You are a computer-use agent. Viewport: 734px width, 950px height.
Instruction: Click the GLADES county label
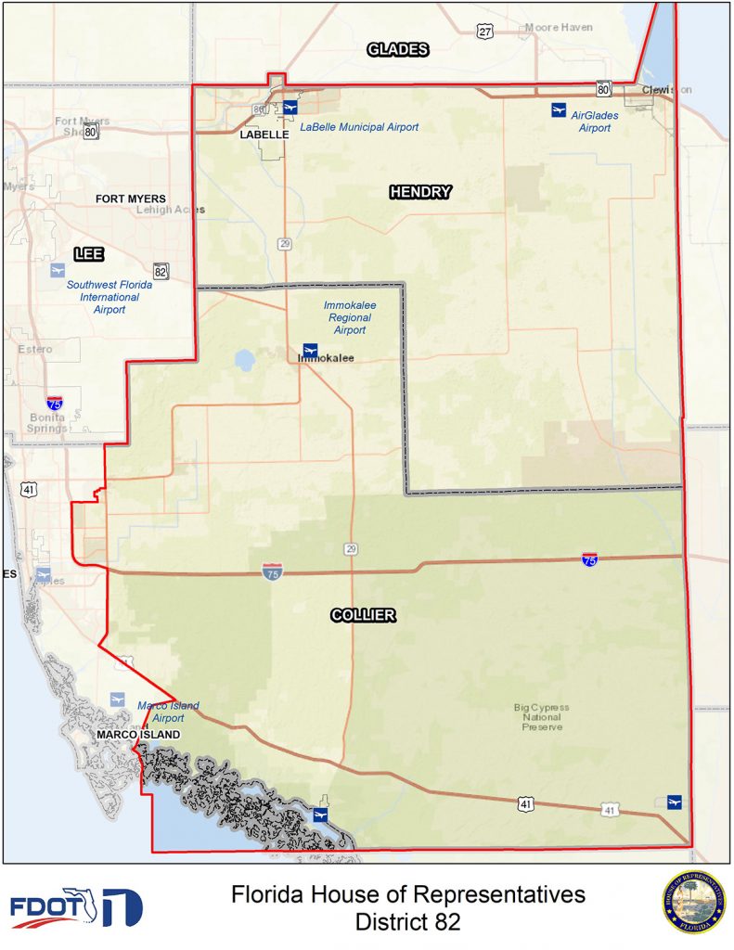(398, 50)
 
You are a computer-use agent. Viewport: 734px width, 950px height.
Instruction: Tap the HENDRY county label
(420, 192)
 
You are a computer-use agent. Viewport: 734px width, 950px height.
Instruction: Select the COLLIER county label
(363, 615)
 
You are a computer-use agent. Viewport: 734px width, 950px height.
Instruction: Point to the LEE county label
(89, 254)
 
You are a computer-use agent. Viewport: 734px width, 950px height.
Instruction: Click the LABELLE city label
(264, 134)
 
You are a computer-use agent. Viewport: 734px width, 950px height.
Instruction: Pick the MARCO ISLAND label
(136, 735)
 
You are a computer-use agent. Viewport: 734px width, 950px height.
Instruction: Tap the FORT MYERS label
(131, 199)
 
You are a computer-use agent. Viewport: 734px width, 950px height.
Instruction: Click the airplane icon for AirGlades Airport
(558, 110)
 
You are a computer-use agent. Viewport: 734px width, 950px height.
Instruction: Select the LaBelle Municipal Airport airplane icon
(290, 107)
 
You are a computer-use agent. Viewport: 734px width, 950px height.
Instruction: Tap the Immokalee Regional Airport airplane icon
(311, 350)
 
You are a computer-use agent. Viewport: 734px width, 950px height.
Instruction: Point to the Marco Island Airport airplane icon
(117, 699)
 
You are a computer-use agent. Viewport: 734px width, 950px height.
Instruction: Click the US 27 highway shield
(485, 32)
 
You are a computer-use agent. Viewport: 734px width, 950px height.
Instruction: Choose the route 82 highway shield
(161, 271)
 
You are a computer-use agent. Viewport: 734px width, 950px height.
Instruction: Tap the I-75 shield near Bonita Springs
(55, 403)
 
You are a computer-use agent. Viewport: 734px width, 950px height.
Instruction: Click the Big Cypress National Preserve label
(542, 717)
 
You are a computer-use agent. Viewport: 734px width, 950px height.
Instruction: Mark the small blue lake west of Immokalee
(245, 360)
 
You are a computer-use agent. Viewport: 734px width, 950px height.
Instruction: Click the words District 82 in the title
(408, 922)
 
